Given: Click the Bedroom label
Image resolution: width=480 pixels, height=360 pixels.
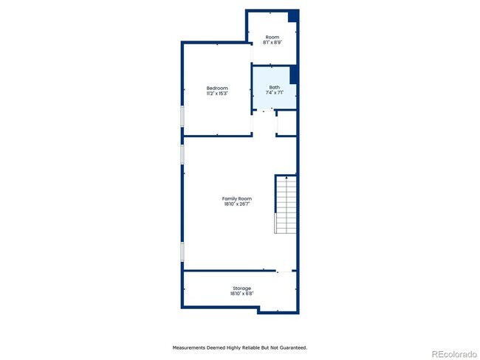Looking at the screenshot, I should coord(217,88).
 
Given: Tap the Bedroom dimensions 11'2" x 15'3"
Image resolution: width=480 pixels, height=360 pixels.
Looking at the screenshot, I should coord(217,94).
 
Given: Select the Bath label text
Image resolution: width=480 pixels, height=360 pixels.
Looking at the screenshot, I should coord(275,87).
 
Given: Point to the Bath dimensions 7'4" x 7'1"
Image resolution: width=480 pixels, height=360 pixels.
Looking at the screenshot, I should coord(275,93).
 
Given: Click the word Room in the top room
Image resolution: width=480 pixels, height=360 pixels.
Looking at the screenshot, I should coord(272,37).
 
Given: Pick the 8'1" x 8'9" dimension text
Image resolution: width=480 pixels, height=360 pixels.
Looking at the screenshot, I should coord(272,43).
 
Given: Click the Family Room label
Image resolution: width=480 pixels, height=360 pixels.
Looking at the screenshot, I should coord(237,198).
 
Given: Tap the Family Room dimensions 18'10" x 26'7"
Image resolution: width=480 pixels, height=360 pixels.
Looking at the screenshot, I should coord(237,204).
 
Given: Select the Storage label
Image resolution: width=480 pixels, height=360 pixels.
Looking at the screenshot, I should coord(241,288).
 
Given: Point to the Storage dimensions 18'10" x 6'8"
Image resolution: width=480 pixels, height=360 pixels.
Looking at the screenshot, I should coord(241,294).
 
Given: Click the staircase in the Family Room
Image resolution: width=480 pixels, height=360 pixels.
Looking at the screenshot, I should coord(287,204).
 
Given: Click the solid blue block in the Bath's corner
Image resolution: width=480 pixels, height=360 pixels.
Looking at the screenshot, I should coord(294,75).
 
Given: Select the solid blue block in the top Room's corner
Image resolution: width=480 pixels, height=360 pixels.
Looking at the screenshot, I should coord(293,16).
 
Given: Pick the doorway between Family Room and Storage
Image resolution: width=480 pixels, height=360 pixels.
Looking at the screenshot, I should coord(284,271).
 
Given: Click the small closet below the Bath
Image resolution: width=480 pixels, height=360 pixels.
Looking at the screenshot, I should coord(287,123).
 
